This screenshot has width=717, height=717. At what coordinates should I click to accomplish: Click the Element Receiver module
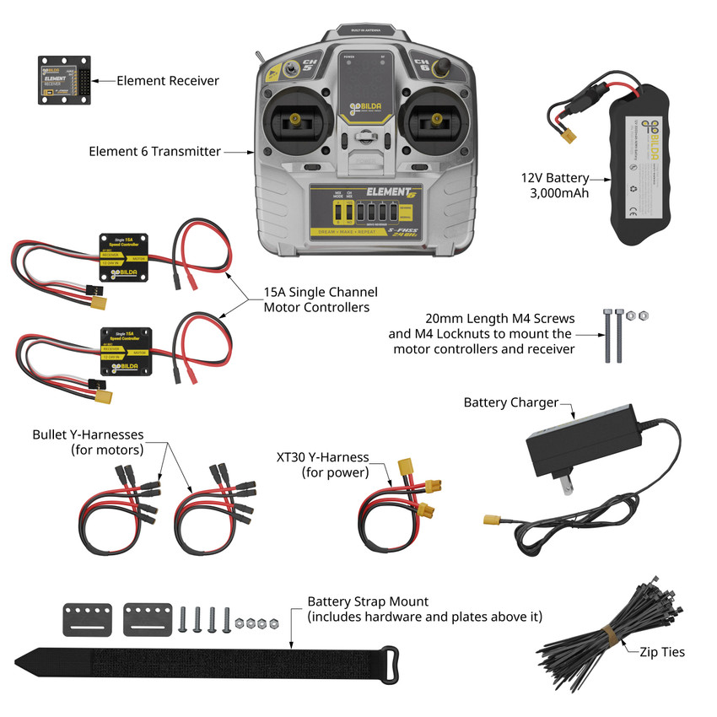63,80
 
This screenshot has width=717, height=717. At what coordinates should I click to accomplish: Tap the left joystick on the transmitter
295,120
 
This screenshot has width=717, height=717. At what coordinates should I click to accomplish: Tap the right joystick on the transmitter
438,120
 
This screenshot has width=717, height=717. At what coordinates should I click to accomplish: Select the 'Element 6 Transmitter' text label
154,152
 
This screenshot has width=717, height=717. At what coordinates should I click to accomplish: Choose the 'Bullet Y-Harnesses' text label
88,442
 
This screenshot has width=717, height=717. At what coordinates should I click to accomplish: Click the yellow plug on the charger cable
493,520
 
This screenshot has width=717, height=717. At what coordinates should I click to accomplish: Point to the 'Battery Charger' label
510,402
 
